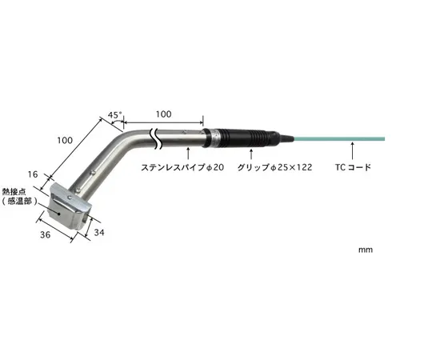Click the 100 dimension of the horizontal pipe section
click(x=163, y=114)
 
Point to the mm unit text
click(x=365, y=250)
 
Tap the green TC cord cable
click(x=336, y=139)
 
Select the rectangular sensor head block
click(x=70, y=210)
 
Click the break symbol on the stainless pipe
click(x=157, y=141)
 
